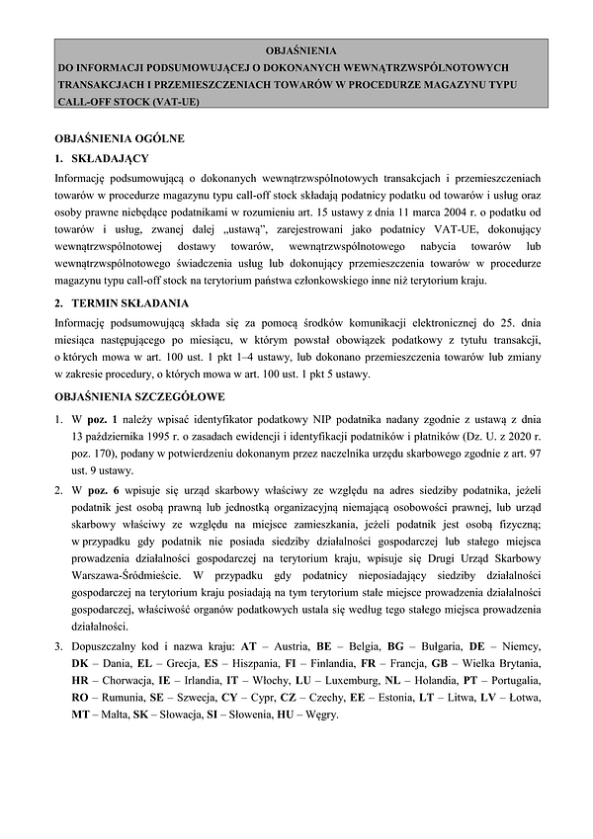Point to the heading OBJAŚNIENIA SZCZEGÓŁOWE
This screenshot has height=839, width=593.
pos(139,396)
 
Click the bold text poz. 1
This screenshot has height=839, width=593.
pos(127,417)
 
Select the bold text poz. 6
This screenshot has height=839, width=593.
pos(126,491)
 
